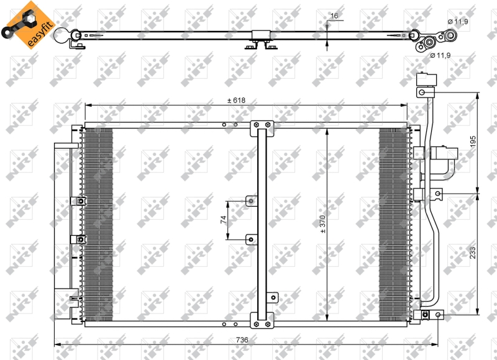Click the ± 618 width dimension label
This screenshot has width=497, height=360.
point(237,101)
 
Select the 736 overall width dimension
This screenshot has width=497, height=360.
point(242,340)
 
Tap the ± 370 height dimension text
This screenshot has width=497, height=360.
point(322,224)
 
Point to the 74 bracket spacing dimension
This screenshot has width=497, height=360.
point(223,220)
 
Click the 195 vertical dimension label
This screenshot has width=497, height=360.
point(473,142)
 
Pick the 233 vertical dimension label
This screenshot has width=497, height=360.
point(473,253)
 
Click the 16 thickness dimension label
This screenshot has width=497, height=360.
point(334,16)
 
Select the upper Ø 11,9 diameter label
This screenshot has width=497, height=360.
point(458,22)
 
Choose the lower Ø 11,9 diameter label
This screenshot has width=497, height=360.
point(440,55)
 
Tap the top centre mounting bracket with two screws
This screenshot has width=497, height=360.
point(262,128)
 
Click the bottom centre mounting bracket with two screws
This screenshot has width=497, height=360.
point(262,320)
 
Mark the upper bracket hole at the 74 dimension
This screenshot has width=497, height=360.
point(251,200)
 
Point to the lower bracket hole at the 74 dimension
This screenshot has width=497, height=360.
point(251,240)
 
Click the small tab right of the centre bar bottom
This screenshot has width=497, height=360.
point(272,298)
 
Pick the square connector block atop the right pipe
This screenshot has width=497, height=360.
point(427,79)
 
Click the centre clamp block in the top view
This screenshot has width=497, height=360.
point(261,35)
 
